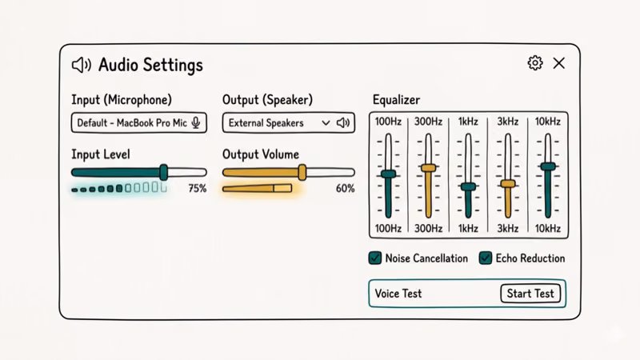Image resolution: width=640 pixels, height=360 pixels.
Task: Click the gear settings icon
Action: coord(535,63)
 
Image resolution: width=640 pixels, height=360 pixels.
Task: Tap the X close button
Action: coord(559,63)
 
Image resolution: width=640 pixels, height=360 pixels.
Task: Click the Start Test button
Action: coord(530,294)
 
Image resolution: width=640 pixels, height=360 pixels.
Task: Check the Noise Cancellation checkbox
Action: coord(374,258)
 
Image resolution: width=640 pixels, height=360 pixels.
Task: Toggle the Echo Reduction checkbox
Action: coord(485,258)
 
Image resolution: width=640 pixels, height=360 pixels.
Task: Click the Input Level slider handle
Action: coord(163,172)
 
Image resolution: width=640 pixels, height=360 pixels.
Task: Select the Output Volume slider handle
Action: coord(302,172)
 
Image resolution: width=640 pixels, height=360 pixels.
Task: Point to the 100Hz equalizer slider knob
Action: coord(389,174)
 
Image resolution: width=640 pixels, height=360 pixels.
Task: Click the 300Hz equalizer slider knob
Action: coord(429,168)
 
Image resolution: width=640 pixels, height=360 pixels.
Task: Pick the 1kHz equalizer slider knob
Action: coord(468,187)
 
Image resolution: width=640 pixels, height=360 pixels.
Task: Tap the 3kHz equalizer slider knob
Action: coord(508,184)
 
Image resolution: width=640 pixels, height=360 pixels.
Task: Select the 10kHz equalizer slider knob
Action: coord(548,166)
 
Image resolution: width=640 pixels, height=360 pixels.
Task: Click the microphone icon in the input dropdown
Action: coord(196,123)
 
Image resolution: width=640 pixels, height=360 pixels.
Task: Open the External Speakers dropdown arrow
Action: coord(326,123)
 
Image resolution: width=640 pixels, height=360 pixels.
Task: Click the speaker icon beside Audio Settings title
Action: coord(81,65)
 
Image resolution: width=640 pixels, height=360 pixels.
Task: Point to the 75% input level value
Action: coord(197,189)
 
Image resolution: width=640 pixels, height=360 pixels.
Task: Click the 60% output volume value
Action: coord(345,189)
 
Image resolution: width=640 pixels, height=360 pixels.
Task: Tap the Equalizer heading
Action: coord(396,100)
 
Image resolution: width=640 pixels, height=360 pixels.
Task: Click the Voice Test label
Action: coord(398,294)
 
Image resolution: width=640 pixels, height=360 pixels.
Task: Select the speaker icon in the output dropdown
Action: coord(343,123)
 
